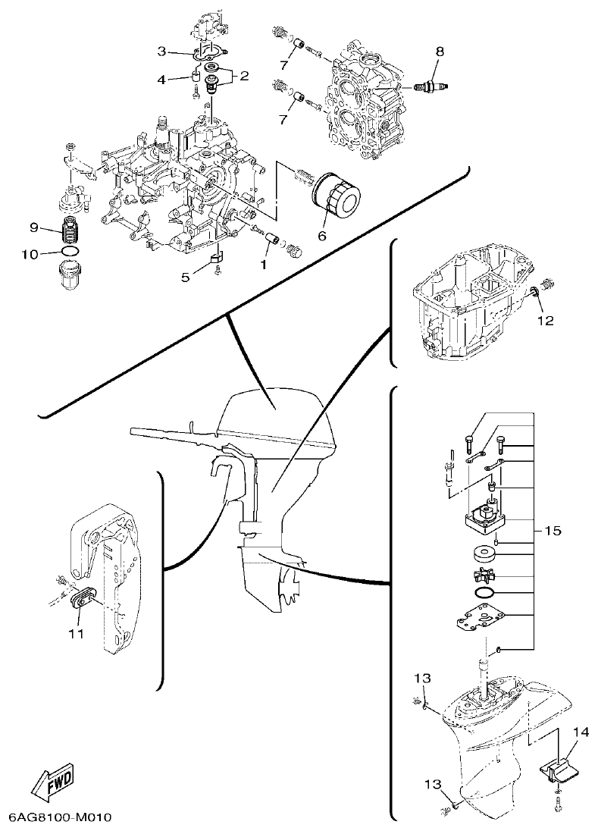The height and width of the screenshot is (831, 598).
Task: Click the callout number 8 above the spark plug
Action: coord(439,52)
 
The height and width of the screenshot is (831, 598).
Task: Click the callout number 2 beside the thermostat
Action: coord(244,75)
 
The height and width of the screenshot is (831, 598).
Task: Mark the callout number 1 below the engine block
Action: coord(263,265)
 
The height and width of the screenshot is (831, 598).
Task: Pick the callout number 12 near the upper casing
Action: coord(545,321)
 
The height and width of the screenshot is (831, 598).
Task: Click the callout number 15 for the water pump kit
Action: coord(553,531)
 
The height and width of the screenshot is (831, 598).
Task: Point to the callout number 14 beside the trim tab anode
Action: coord(581,732)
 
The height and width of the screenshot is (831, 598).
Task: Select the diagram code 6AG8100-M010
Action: coord(61,818)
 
